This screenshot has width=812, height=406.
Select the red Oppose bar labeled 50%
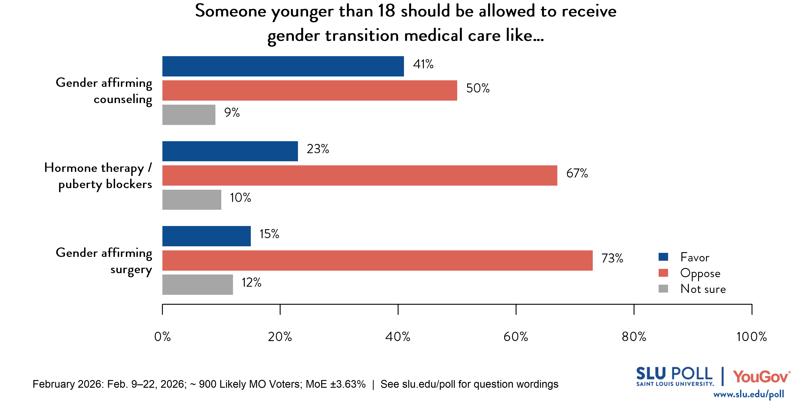pyautogui.click(x=309, y=90)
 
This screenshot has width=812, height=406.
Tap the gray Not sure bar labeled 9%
pyautogui.click(x=189, y=115)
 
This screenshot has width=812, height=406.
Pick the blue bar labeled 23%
pyautogui.click(x=230, y=151)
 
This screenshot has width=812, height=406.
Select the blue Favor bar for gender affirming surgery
pyautogui.click(x=206, y=236)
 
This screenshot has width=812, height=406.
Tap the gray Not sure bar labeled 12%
pyautogui.click(x=197, y=285)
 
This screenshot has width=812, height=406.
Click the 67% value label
pyautogui.click(x=577, y=173)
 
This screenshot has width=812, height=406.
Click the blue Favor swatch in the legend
pyautogui.click(x=663, y=257)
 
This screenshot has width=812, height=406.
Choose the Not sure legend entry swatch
pyautogui.click(x=663, y=289)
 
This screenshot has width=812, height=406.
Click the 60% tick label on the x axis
pyautogui.click(x=515, y=337)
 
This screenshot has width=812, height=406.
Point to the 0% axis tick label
pyautogui.click(x=162, y=337)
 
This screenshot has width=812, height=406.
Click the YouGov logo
pyautogui.click(x=761, y=377)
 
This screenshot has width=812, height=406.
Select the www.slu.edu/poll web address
pyautogui.click(x=748, y=394)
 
